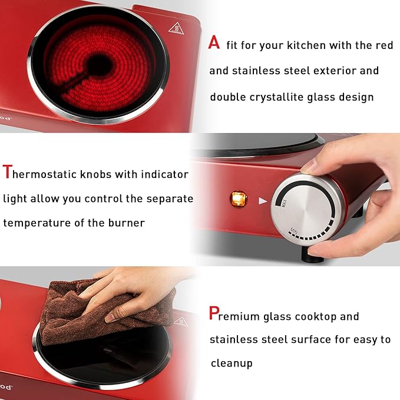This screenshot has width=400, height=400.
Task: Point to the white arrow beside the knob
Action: [262, 200]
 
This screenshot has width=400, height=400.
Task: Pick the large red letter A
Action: [215, 43]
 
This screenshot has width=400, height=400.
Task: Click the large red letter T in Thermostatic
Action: [7, 173]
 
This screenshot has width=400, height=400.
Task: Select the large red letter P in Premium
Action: [214, 314]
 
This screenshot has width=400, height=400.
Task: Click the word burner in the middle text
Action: [125, 223]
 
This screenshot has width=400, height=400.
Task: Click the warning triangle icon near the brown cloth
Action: [181, 322]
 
